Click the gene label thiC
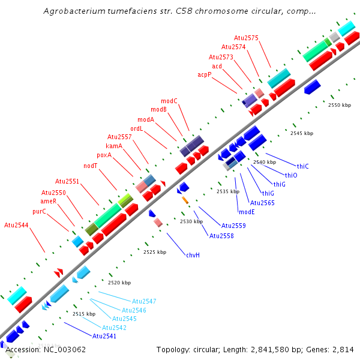[303, 166]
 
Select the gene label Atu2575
[246, 38]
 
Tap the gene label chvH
[193, 255]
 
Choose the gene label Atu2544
[16, 225]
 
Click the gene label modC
[169, 101]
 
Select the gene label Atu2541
[104, 336]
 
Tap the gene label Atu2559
[233, 226]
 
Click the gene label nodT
[91, 166]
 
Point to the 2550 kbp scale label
[340, 105]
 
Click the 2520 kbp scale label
[119, 283]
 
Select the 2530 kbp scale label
[191, 222]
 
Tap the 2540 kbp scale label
[265, 162]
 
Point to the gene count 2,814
[343, 349]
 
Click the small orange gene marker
[185, 199]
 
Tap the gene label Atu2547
[144, 301]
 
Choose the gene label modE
[247, 212]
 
